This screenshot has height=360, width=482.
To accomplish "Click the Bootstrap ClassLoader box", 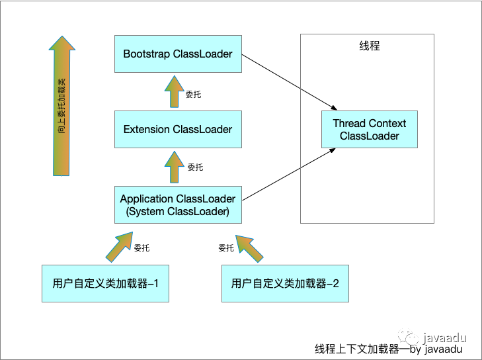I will [178, 54].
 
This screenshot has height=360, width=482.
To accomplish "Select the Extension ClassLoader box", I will [178, 129].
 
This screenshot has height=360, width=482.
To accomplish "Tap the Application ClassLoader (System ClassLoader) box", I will [178, 205].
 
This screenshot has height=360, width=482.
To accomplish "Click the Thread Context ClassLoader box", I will [370, 130].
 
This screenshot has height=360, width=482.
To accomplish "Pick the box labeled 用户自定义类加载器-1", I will [106, 284].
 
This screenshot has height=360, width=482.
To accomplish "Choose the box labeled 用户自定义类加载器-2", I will [285, 284].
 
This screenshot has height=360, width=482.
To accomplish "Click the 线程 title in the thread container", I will [369, 46].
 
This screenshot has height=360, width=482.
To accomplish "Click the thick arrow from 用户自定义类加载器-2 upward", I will [249, 247].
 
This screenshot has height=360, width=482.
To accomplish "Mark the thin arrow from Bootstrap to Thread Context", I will [286, 82].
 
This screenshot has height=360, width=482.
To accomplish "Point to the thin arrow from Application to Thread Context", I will [286, 174].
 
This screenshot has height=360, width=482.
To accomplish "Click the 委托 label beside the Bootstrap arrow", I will [194, 95].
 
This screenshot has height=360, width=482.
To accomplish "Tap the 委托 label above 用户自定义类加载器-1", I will [141, 248].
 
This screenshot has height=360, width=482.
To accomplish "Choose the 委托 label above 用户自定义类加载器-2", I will [226, 248].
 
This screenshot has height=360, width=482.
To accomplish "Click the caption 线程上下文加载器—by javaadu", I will [388, 349].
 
